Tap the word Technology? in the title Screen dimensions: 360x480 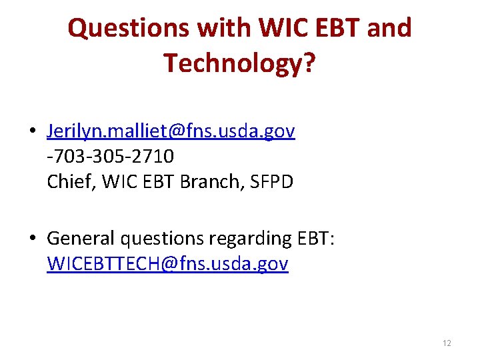(x=240, y=63)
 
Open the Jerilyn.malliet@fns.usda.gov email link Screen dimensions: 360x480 (x=171, y=131)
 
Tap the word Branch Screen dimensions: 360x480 (x=207, y=181)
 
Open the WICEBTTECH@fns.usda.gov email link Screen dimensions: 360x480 (x=167, y=264)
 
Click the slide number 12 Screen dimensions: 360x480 (x=447, y=343)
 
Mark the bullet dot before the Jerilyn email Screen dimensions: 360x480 (x=33, y=132)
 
